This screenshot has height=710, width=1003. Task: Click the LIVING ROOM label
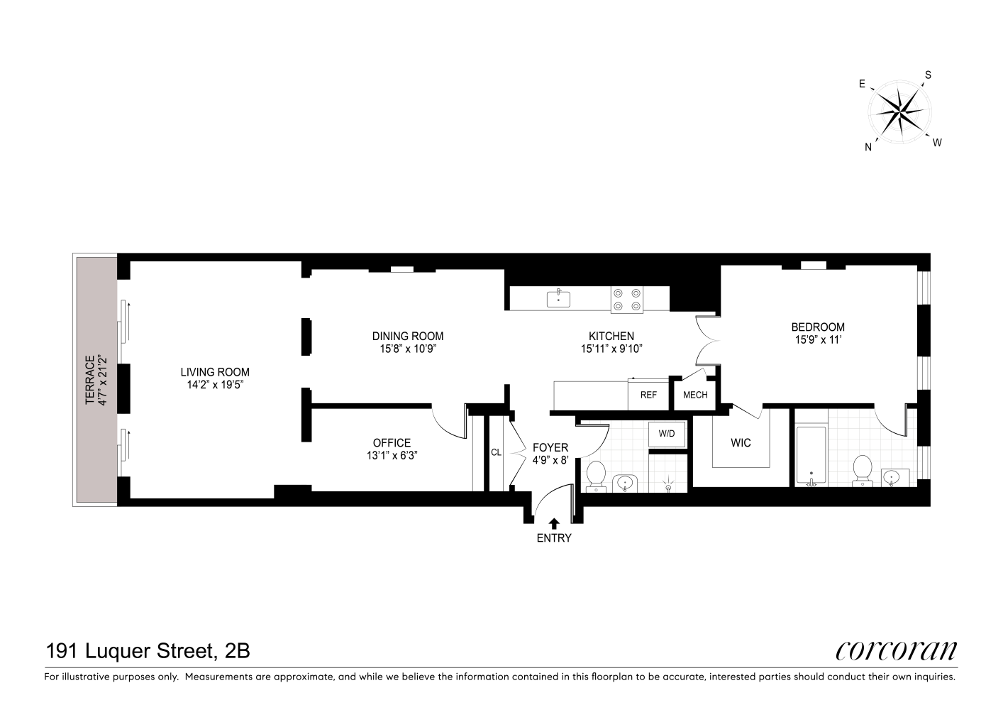coord(215,372)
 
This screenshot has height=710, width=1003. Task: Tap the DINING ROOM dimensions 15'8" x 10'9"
coord(408,349)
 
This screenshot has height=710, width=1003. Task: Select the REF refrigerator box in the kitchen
coord(648,395)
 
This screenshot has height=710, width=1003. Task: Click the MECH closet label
coord(695,395)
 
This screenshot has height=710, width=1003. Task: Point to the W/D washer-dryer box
coord(667,434)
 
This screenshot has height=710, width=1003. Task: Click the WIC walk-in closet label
coord(741,443)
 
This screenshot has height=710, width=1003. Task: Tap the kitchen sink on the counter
coord(558,299)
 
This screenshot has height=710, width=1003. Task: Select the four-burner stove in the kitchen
coord(627,300)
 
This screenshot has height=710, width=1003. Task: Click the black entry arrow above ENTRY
coord(554,523)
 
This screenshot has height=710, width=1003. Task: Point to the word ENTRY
coord(554,538)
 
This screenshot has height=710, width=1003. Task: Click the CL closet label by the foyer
coord(496,453)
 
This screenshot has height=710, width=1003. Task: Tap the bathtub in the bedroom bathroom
coord(811,456)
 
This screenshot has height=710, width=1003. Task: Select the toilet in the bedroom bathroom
coord(862,471)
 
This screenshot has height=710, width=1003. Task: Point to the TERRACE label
coord(91,381)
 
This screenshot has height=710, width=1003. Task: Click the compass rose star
coord(900,111)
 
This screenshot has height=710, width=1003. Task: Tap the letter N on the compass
coord(868,147)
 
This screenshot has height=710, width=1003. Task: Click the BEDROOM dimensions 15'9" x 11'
coord(818,340)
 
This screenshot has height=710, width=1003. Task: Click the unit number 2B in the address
coord(238,651)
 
